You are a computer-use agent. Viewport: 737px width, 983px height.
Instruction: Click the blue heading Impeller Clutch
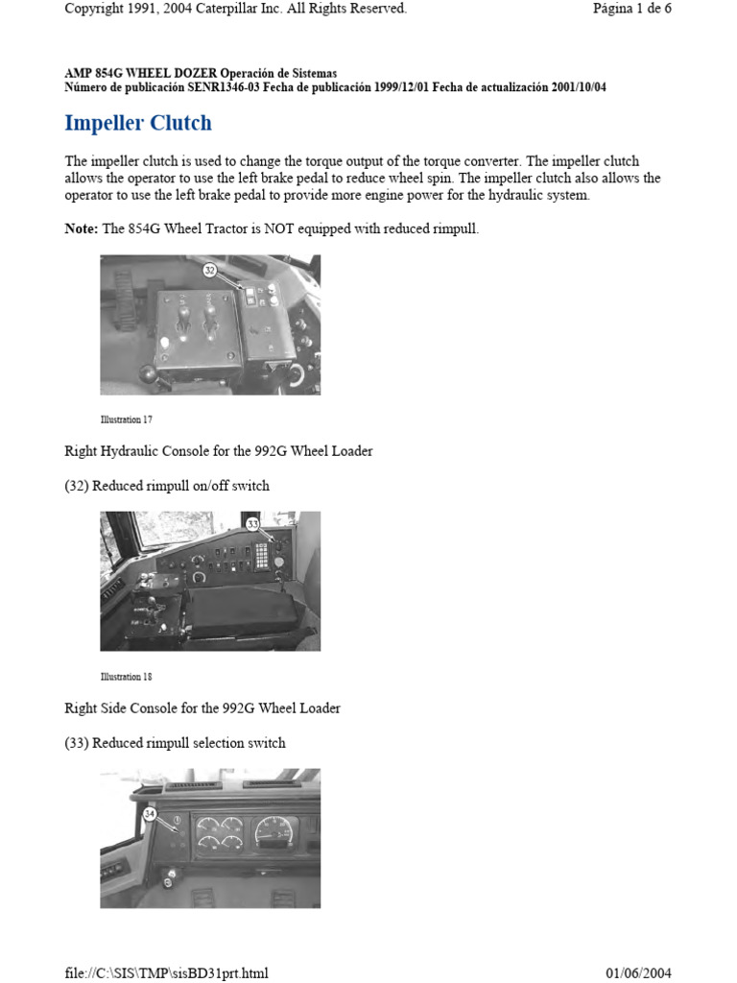point(137,124)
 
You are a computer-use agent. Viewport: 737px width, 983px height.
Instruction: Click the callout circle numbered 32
point(210,272)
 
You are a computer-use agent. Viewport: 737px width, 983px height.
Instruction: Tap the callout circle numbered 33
point(253,525)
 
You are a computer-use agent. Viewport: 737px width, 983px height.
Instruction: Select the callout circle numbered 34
point(149,813)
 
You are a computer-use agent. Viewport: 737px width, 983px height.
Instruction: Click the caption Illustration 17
point(126,420)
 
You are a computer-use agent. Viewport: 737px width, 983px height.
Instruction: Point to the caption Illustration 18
point(126,677)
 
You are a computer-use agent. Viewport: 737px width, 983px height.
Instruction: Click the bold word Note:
point(81,228)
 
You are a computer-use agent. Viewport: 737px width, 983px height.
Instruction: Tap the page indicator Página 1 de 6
point(631,9)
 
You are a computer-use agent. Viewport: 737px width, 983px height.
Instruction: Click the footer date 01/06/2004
point(638,972)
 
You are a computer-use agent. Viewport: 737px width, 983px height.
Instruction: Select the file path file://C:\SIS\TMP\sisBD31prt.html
point(167,972)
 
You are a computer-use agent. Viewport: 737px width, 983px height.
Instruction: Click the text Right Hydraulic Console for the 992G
point(219,451)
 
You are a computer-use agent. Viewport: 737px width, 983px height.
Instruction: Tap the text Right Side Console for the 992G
point(202,708)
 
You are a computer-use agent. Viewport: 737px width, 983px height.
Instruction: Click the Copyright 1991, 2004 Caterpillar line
point(235,9)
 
